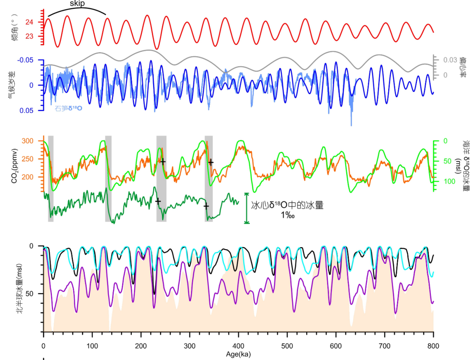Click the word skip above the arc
pos(78,3)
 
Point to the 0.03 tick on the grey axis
pos(450,60)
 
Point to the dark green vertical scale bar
pos(247,208)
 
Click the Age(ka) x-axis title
pos(238,354)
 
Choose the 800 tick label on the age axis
pos(433,346)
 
